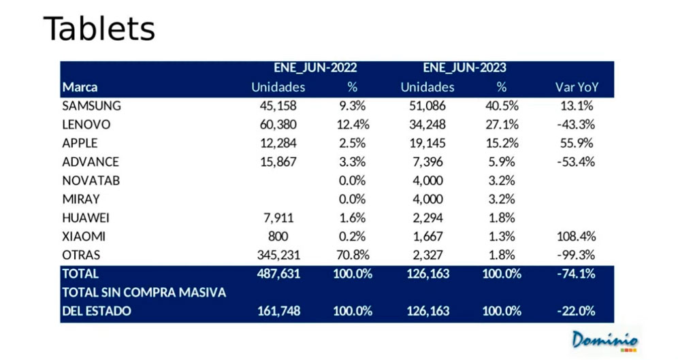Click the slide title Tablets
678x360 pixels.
click(x=99, y=29)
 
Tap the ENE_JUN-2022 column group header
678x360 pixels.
click(x=315, y=68)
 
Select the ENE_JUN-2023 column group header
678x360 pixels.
click(x=464, y=68)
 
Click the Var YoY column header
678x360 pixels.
click(x=577, y=87)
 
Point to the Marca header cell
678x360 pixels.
click(x=80, y=87)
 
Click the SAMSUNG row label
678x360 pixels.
click(x=92, y=106)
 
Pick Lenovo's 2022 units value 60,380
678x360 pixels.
click(x=278, y=125)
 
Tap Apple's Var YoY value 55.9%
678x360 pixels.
click(x=577, y=143)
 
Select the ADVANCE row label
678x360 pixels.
click(x=91, y=162)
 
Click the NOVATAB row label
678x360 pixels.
click(x=91, y=180)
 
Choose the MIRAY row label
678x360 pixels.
click(x=81, y=199)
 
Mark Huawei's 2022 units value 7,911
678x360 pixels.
click(x=278, y=217)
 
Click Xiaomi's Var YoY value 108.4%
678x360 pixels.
click(x=577, y=236)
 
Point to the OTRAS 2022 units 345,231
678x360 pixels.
click(x=278, y=255)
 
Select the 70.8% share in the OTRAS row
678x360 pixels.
click(x=353, y=255)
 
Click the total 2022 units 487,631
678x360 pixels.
click(x=278, y=274)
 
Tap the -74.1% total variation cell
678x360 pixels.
click(x=575, y=274)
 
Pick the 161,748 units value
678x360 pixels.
click(x=278, y=311)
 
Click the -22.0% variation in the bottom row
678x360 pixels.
click(x=575, y=311)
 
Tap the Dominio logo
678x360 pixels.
click(x=604, y=340)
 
